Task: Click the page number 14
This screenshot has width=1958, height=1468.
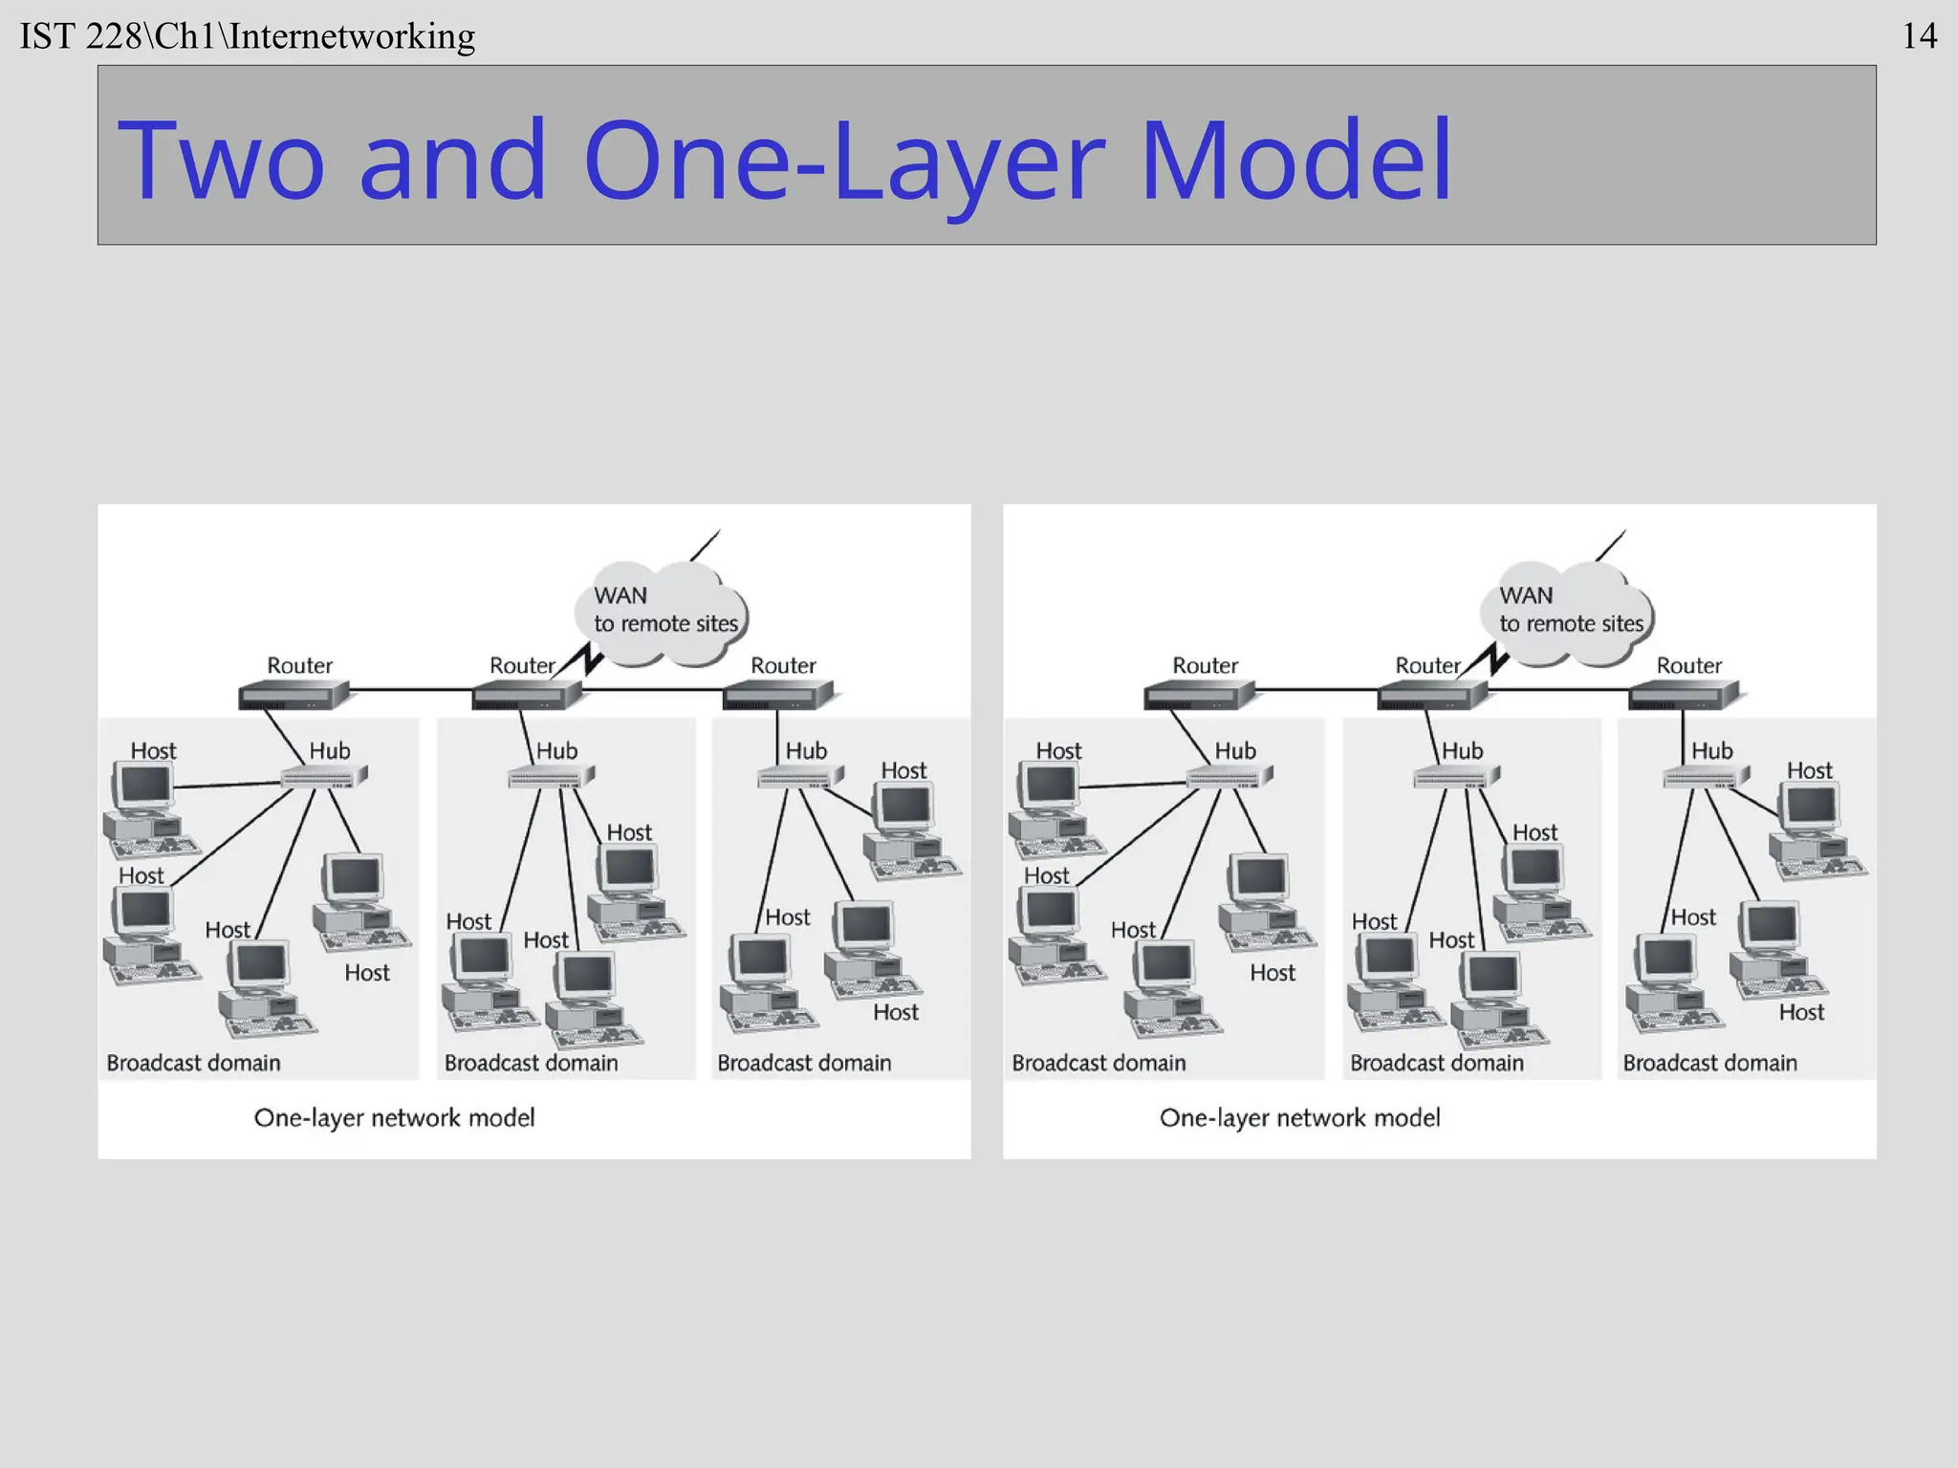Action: [1919, 36]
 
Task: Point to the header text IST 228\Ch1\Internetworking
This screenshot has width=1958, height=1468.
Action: [248, 36]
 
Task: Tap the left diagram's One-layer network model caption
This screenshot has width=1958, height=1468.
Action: [394, 1117]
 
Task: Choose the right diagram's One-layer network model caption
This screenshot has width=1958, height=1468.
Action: [1299, 1117]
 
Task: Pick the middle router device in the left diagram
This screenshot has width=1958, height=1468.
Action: [526, 695]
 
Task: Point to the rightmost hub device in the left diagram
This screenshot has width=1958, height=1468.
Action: [799, 777]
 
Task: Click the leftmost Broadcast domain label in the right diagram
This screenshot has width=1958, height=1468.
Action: [1099, 1063]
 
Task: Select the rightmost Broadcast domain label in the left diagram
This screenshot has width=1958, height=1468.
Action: [804, 1063]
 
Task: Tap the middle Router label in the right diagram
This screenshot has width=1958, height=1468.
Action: [1427, 665]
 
